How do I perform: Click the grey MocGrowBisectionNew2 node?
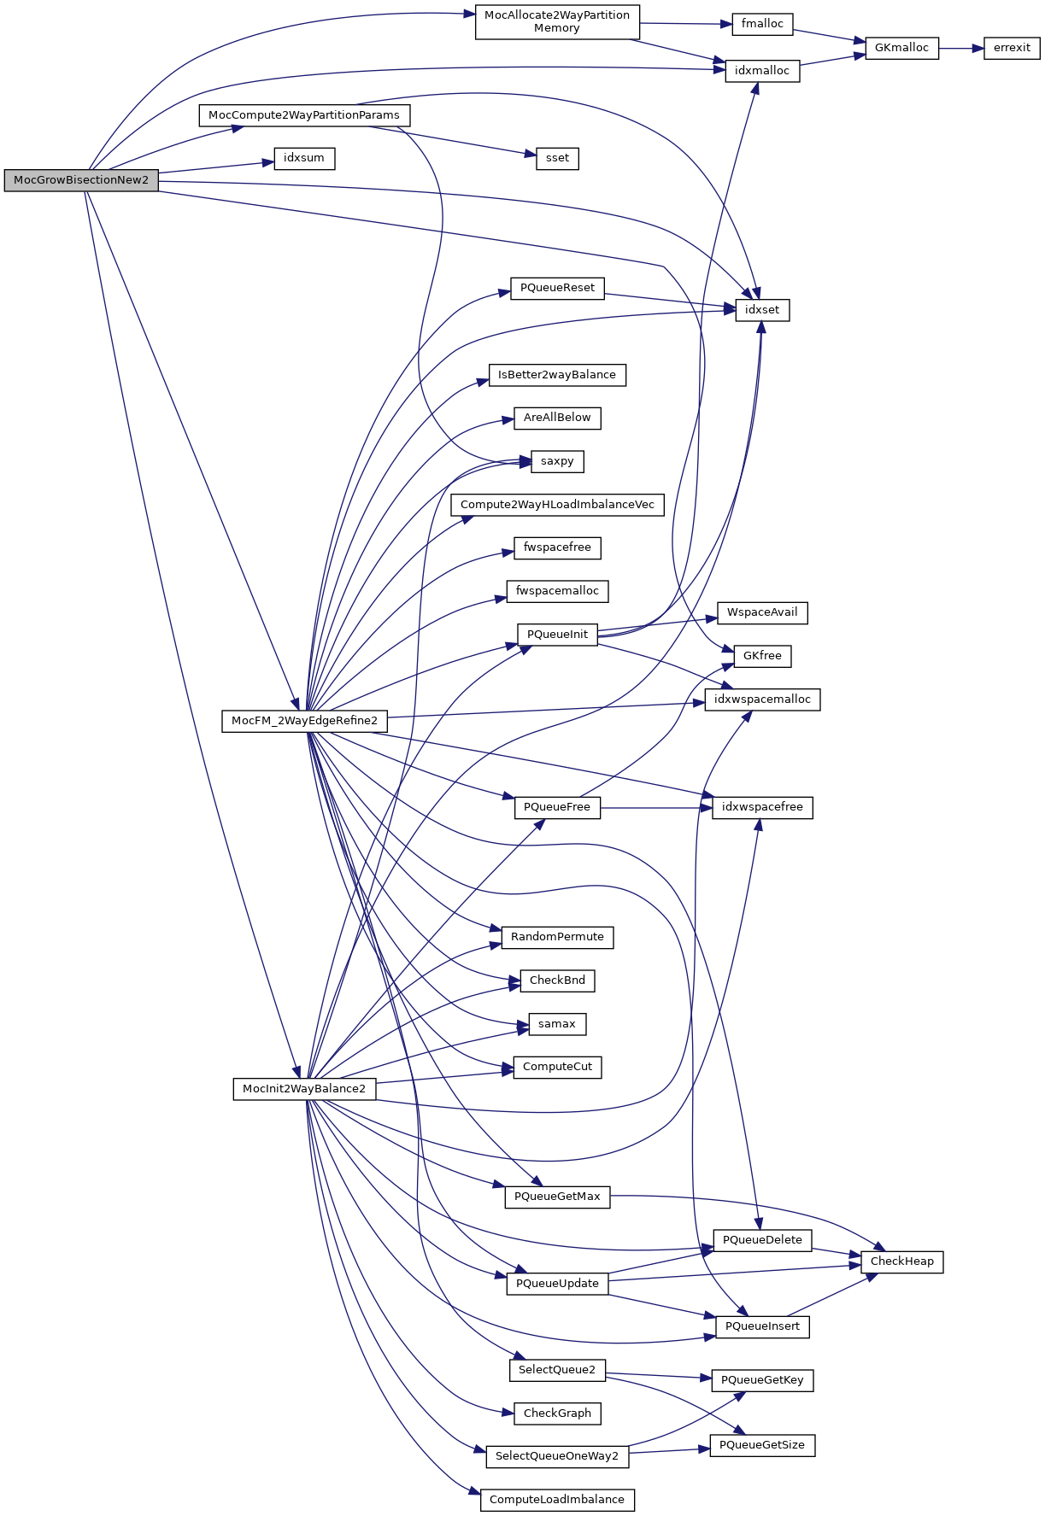point(81,180)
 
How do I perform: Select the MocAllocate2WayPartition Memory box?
point(556,22)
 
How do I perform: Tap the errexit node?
point(1012,48)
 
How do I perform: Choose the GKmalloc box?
point(901,48)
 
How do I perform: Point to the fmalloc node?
point(762,24)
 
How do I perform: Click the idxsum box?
point(304,158)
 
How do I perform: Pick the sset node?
point(557,158)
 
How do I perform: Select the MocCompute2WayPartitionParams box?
point(304,115)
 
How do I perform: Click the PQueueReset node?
point(557,288)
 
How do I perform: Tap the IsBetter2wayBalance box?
point(557,375)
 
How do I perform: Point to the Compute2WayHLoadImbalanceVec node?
point(557,505)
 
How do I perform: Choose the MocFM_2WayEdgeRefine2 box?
point(304,721)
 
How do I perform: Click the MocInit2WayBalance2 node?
point(304,1089)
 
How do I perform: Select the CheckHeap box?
point(901,1261)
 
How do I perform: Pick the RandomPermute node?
point(557,937)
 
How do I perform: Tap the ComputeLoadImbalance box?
point(557,1500)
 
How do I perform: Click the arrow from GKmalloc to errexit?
point(961,49)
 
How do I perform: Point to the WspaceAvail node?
point(762,612)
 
